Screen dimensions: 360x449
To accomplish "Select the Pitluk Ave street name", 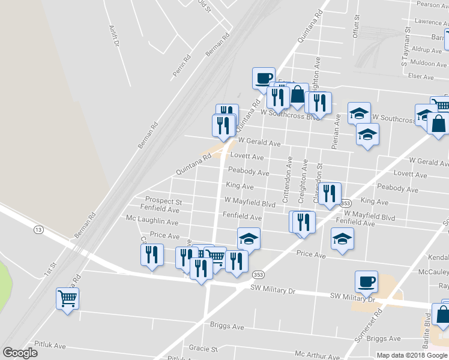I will click(50, 346).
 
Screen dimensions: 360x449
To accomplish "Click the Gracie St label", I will click(203, 349).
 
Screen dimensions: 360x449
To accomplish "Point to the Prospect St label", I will click(164, 201).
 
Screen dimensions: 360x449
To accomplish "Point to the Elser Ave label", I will click(420, 77).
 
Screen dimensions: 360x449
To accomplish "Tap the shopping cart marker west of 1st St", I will click(67, 298).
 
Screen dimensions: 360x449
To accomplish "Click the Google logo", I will click(20, 353).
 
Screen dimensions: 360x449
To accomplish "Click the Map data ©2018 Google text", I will click(411, 355).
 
